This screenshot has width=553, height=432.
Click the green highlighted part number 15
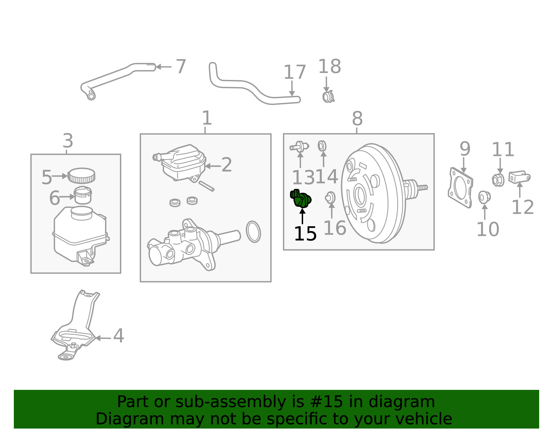pos(301,199)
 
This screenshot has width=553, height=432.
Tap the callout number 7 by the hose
pos(181,66)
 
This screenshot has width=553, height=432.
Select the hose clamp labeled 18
pos(328,97)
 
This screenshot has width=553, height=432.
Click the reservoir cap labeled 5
pos(82,175)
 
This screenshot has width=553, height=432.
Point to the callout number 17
pos(294,72)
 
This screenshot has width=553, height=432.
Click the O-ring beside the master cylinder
pos(253,232)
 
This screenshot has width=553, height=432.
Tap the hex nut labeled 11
pos(498,180)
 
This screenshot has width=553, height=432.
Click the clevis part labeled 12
pos(519,177)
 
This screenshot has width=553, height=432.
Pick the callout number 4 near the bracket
pos(119,336)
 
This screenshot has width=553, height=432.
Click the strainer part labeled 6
pos(83,195)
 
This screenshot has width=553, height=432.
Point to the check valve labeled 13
pos(299,147)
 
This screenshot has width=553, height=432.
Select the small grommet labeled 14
pos(322,146)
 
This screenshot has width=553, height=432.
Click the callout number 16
pos(335,228)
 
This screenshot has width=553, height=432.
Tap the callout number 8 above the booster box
pos(357,119)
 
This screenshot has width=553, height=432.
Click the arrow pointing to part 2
pos(213,166)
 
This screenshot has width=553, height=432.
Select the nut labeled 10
pos(484,197)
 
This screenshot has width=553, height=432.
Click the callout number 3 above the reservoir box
pos(68,141)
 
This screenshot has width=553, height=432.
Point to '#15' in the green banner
pos(326,402)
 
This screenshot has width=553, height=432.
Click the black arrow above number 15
pos(302,216)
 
